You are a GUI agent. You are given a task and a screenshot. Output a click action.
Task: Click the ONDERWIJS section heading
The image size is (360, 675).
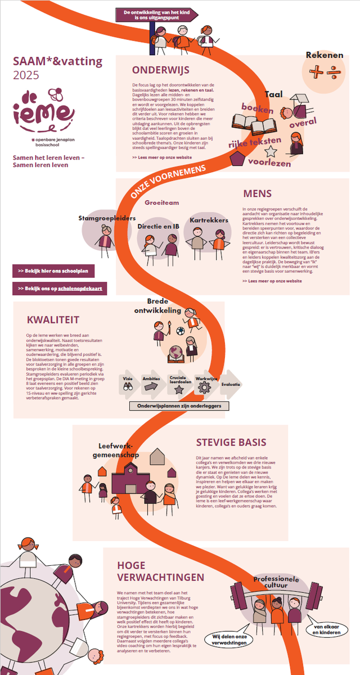click(x=160, y=70)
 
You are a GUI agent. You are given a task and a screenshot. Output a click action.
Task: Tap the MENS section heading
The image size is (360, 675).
click(x=257, y=193)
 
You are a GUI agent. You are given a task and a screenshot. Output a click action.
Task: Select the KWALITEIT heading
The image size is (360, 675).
click(x=52, y=320)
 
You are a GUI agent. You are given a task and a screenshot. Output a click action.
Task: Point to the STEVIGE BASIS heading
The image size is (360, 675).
click(x=231, y=443)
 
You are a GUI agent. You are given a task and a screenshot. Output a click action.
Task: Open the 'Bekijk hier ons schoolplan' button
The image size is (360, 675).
click(x=53, y=271)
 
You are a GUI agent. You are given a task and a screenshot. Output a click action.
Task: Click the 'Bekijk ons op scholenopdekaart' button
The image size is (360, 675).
click(x=60, y=289)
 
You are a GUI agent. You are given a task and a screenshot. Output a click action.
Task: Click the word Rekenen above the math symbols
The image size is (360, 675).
click(x=324, y=55)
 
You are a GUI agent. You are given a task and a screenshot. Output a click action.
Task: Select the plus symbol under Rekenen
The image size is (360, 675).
click(x=317, y=71)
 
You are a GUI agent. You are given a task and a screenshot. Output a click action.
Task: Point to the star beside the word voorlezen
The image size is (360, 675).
click(x=271, y=151)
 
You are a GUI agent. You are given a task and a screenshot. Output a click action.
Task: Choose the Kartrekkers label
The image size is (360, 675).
click(x=209, y=220)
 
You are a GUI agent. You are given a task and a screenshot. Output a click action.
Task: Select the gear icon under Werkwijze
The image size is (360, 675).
click(x=204, y=388)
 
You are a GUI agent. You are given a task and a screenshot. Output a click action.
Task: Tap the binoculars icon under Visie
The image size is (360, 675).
click(x=128, y=387)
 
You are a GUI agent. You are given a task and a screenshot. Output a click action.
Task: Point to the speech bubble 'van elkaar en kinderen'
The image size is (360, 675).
click(x=327, y=629)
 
